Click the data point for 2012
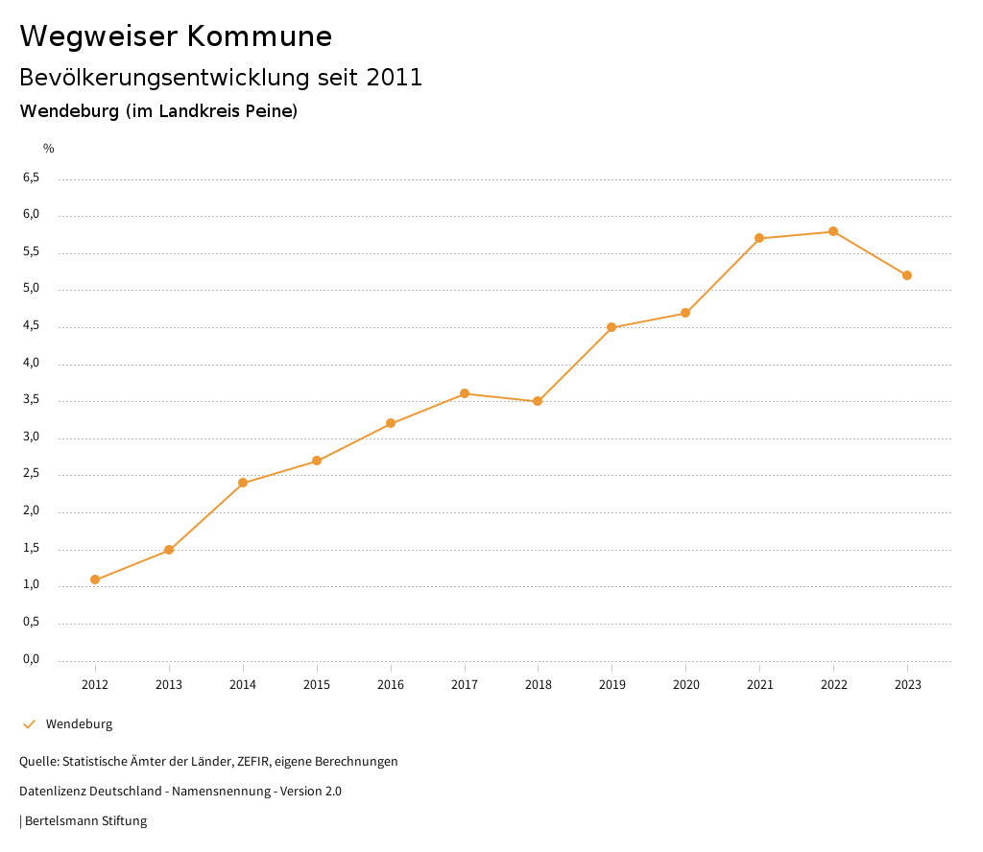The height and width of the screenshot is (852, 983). (x=95, y=580)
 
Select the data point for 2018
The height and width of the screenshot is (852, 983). (x=538, y=401)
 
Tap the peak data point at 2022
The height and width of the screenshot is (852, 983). (x=833, y=231)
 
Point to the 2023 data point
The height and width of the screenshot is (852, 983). (x=907, y=275)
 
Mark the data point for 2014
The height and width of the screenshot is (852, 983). (x=243, y=483)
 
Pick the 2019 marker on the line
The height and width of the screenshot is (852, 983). (x=611, y=327)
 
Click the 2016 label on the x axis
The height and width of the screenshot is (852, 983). (x=391, y=685)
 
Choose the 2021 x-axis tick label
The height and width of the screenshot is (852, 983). (x=759, y=685)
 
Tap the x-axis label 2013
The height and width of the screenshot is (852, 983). (x=169, y=685)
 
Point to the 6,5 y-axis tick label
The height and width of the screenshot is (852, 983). (x=31, y=177)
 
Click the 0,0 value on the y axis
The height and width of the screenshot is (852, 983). (x=31, y=659)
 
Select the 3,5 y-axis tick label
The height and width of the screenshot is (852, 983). (x=31, y=400)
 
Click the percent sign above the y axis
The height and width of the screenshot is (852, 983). (x=49, y=149)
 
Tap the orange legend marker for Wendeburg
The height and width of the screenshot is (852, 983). (x=29, y=724)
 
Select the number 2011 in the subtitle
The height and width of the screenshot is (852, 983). (x=395, y=78)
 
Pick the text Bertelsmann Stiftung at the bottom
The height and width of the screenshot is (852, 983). (x=85, y=821)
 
